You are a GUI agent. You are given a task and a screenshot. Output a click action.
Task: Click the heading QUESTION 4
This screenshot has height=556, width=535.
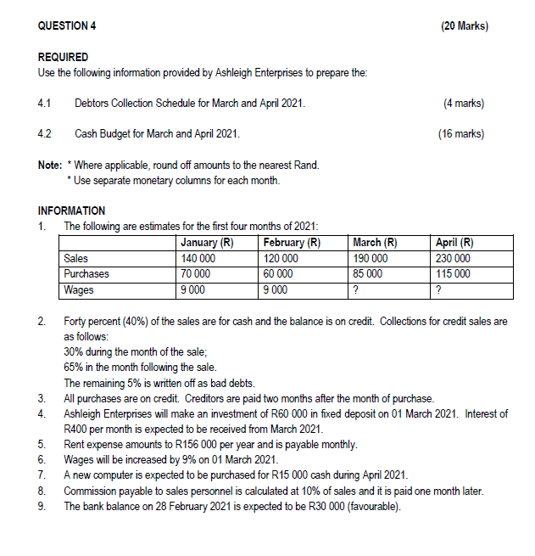[67, 26]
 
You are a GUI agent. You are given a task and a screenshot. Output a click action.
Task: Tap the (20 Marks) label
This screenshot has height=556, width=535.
[465, 26]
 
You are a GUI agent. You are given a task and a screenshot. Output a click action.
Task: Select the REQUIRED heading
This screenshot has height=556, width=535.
[64, 57]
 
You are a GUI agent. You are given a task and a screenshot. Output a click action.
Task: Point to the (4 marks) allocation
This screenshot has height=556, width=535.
[464, 104]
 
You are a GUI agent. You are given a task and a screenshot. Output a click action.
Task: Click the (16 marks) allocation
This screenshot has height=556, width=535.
[461, 134]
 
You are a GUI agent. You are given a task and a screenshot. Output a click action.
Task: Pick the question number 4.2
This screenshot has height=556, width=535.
[45, 134]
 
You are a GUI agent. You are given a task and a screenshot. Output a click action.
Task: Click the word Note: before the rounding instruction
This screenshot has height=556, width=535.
[50, 165]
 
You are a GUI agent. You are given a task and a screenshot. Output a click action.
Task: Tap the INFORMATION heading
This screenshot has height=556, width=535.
[72, 211]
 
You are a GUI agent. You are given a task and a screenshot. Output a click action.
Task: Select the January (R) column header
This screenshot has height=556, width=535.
[207, 243]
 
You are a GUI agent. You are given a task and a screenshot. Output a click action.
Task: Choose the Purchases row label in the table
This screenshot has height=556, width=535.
[87, 273]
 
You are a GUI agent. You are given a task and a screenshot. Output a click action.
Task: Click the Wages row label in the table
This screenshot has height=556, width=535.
[80, 289]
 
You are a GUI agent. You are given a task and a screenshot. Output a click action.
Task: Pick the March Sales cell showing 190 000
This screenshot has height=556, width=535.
[370, 258]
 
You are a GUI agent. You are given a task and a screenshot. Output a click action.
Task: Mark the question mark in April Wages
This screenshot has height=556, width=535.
[437, 289]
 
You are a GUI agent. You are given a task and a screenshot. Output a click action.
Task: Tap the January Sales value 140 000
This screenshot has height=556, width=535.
[198, 258]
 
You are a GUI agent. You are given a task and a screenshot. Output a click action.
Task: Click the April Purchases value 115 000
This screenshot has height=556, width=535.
[454, 273]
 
